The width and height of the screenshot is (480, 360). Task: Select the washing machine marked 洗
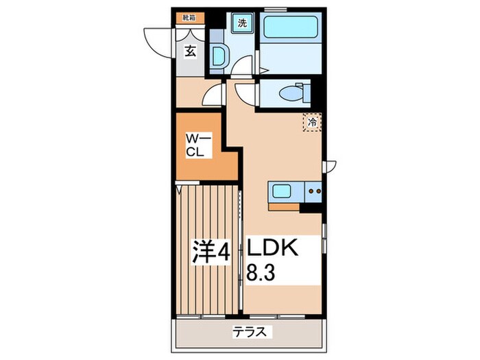tap(241, 23)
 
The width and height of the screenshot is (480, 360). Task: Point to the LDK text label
tap(274, 247)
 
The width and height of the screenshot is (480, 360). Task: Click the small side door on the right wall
tap(331, 165)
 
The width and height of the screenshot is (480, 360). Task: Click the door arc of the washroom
tap(240, 66)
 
